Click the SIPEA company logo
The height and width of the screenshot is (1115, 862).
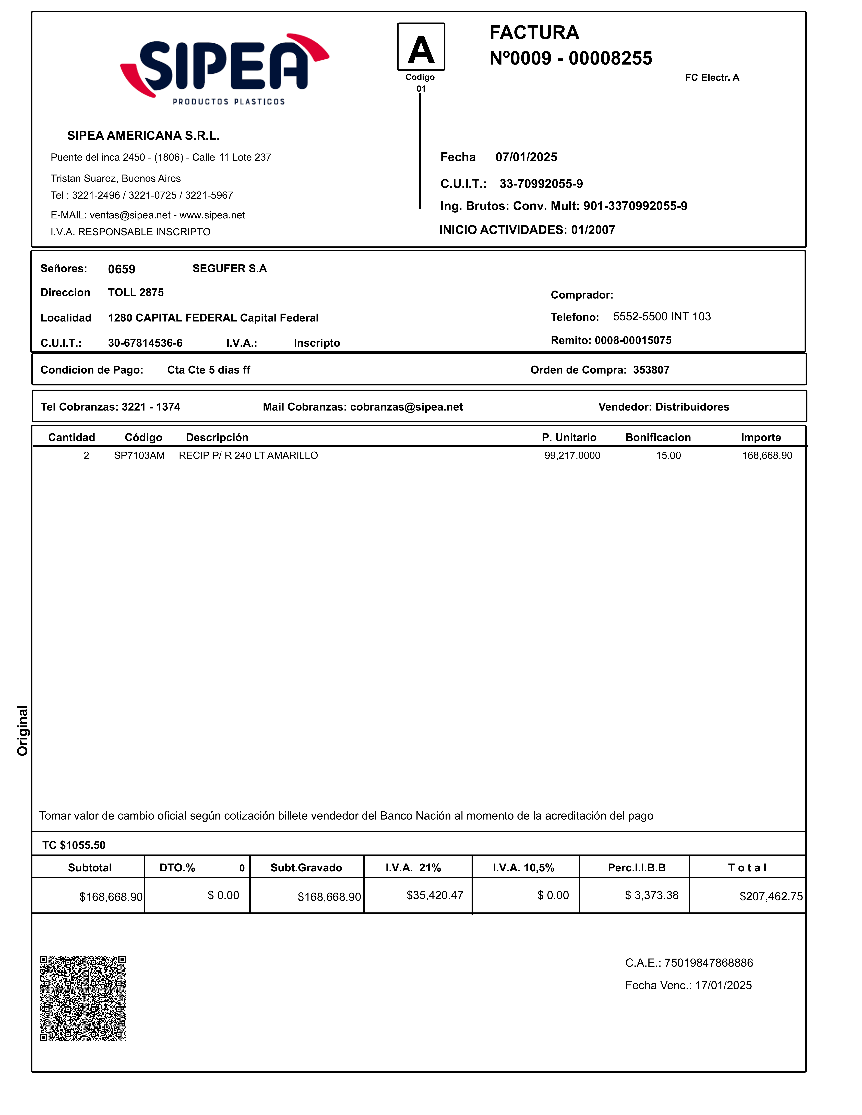pyautogui.click(x=225, y=69)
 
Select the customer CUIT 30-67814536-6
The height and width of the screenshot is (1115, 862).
pyautogui.click(x=145, y=343)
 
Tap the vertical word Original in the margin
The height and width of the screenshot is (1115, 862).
pyautogui.click(x=22, y=730)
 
